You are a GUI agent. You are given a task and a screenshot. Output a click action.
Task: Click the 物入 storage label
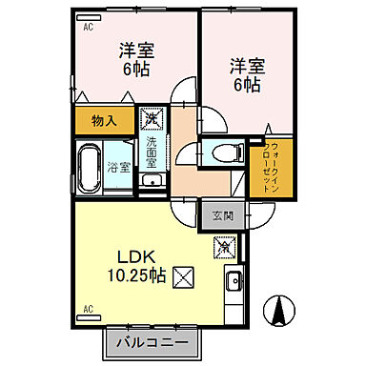click(104, 121)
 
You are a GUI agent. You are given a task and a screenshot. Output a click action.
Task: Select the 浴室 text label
click(119, 168)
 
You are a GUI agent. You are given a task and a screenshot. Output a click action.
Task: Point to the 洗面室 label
click(151, 152)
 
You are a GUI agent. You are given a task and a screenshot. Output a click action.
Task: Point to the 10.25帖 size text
click(137, 276)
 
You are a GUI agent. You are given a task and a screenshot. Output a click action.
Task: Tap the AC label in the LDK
click(88, 310)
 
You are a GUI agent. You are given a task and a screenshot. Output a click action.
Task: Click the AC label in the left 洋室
click(88, 28)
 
